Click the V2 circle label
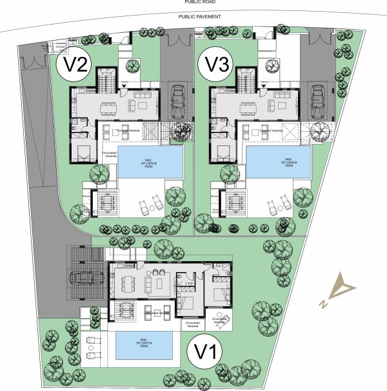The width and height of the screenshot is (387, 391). click(73, 64)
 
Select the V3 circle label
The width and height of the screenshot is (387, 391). click(217, 64)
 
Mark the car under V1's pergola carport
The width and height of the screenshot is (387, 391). click(86, 279)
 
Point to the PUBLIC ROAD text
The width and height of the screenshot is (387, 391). click(195, 3)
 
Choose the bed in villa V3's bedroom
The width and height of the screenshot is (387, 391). click(225, 155)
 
